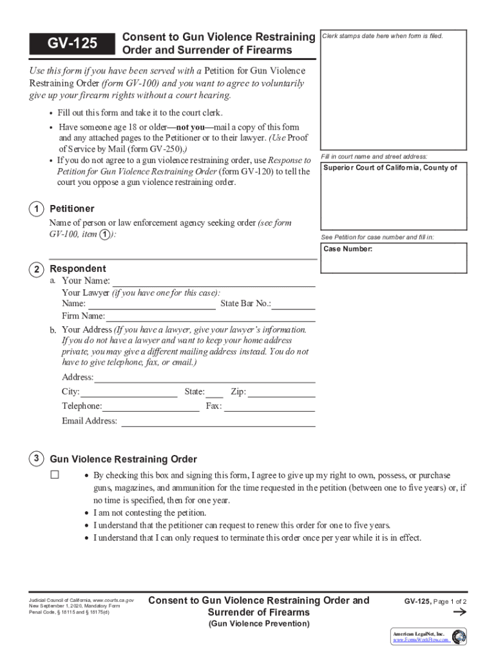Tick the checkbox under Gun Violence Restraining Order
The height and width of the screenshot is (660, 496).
[55, 475]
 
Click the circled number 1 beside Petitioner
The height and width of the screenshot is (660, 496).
[37, 209]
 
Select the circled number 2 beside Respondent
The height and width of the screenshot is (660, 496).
[37, 269]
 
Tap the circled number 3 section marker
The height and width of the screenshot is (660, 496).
[37, 459]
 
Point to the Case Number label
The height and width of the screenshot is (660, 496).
[348, 249]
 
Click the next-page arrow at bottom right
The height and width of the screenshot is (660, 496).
[459, 612]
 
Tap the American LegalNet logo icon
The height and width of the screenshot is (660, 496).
[459, 637]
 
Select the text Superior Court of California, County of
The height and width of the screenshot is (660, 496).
[390, 168]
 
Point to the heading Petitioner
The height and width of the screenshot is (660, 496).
[72, 209]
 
